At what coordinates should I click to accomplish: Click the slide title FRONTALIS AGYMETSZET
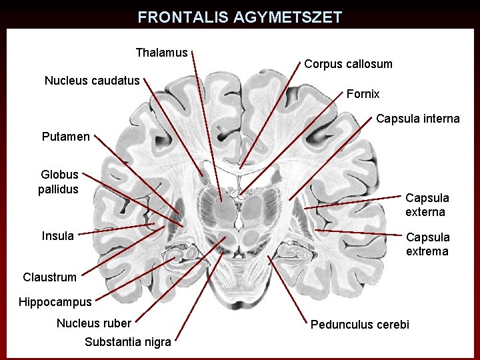point(239,17)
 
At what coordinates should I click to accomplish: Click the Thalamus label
point(161,52)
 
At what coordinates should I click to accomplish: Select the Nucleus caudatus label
point(92,81)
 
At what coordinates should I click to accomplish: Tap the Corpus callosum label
point(348,64)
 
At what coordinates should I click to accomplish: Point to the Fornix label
point(363,94)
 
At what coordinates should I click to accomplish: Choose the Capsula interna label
point(417,119)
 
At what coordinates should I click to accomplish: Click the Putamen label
point(65,137)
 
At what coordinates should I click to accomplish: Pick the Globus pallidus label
point(59,182)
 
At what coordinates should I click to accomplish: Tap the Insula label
point(58,236)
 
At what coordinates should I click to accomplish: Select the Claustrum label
point(49,277)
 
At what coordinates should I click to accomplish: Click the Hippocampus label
point(55,302)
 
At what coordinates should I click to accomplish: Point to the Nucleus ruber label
point(94,323)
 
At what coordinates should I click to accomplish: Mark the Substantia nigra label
point(128,343)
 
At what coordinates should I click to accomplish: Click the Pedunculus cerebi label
point(360,325)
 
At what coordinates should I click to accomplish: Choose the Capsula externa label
point(427,205)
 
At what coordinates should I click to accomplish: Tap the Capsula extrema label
point(427,244)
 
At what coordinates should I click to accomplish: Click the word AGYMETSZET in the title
point(287,17)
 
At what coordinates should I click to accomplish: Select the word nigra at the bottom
point(156,343)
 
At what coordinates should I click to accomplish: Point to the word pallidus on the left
point(59,189)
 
